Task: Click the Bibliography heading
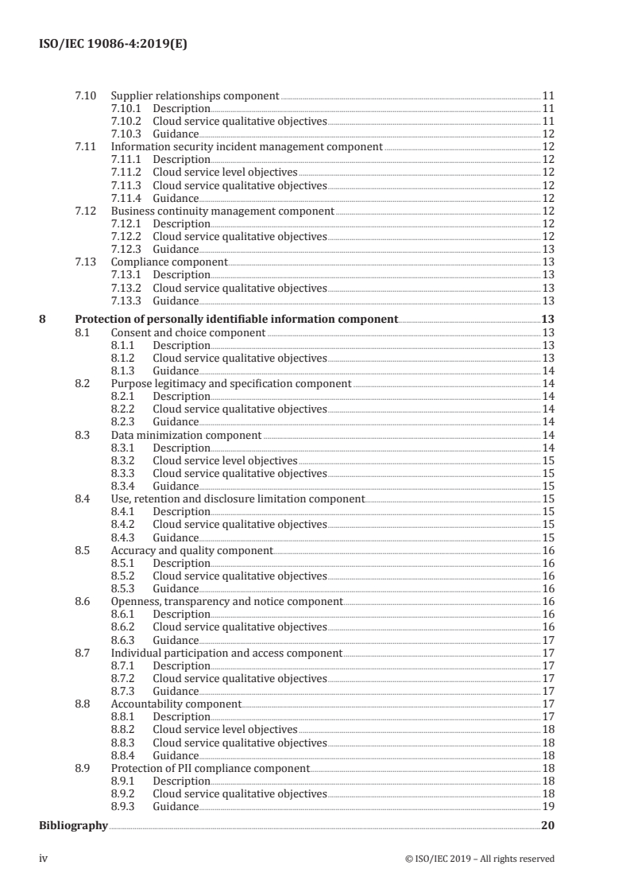[x=73, y=826]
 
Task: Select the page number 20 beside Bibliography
[x=547, y=826]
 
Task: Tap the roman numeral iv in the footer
[x=44, y=858]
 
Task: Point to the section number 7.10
[x=85, y=96]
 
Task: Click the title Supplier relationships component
[x=195, y=96]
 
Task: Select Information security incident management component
[x=246, y=147]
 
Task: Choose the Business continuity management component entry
[x=222, y=211]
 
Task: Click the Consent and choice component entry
[x=187, y=332]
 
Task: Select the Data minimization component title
[x=186, y=435]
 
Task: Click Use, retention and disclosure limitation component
[x=238, y=499]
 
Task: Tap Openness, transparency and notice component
[x=226, y=602]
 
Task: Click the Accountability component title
[x=176, y=704]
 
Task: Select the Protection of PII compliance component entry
[x=210, y=768]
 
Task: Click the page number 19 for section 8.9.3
[x=548, y=806]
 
